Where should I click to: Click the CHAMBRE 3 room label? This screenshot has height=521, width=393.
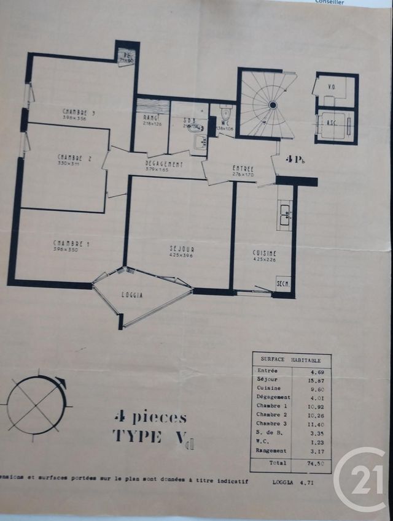[x=78, y=112]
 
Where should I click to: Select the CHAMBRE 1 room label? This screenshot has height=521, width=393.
[x=71, y=245]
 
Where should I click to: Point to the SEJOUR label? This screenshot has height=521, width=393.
[x=182, y=249]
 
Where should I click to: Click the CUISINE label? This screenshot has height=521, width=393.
[x=264, y=253]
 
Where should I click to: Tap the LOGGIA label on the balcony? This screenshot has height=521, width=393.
[x=133, y=295]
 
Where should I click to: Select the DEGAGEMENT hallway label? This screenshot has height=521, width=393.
[x=164, y=164]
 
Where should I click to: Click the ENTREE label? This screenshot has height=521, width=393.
[x=243, y=169]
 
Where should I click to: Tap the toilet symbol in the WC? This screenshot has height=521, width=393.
[x=225, y=113]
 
